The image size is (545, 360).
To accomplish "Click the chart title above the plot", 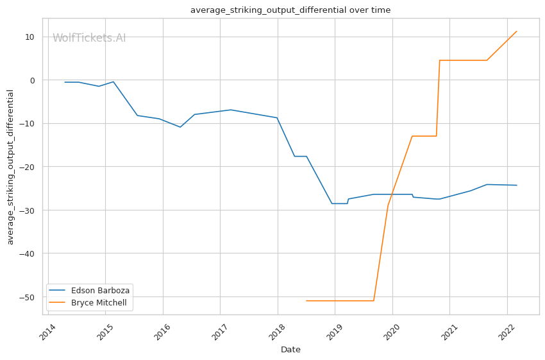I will (290, 10).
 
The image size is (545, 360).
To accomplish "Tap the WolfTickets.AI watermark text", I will (89, 38).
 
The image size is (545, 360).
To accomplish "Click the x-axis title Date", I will (290, 350).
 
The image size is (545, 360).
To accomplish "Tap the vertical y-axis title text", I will (10, 167).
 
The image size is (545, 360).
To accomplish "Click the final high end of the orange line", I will (517, 31).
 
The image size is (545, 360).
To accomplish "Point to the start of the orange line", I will (306, 300).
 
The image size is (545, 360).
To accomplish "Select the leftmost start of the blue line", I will (65, 82).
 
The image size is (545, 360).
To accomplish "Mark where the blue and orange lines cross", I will (390, 194).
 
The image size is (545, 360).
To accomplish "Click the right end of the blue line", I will (517, 185).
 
